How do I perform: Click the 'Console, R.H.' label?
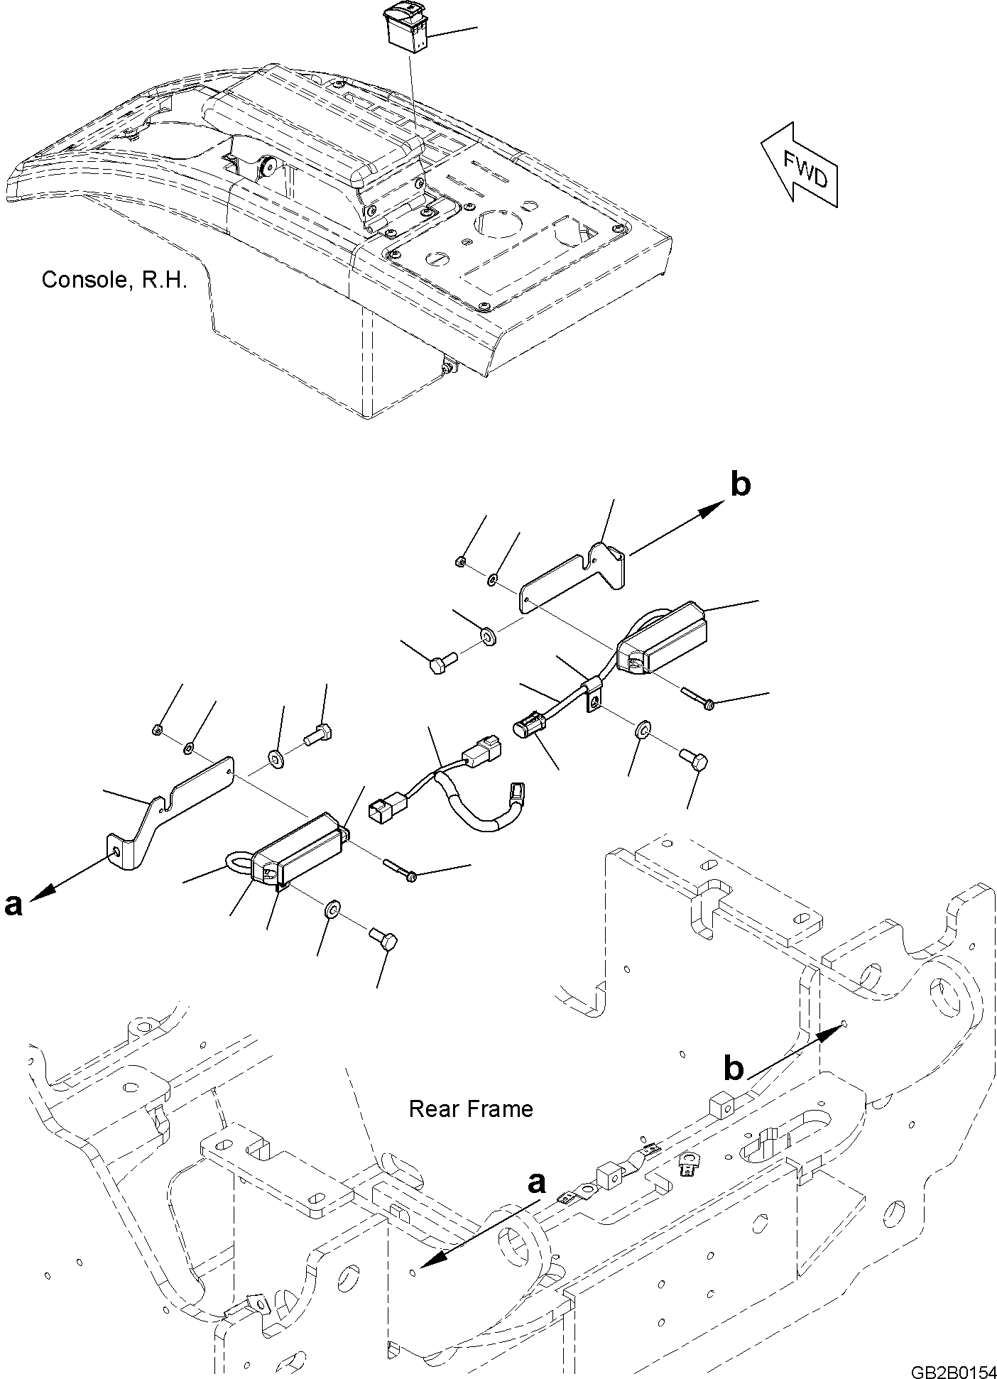(114, 280)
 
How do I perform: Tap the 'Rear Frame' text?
(470, 1108)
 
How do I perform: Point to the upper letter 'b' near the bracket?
(740, 485)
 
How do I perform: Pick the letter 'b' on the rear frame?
(734, 1087)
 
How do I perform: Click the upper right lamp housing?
(662, 638)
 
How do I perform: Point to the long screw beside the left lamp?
(399, 871)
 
